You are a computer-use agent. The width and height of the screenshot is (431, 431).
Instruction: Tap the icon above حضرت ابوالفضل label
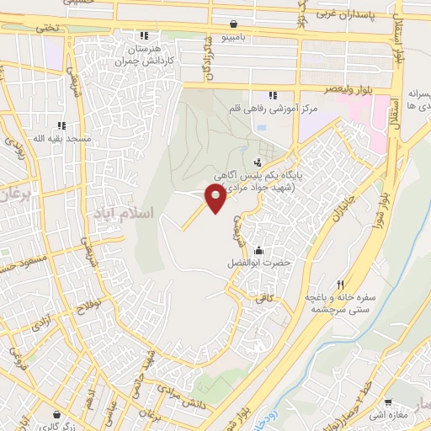[257, 250]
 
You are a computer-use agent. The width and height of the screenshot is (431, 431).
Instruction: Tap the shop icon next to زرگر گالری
[56, 414]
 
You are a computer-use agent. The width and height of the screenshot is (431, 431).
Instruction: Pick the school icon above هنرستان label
[143, 35]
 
